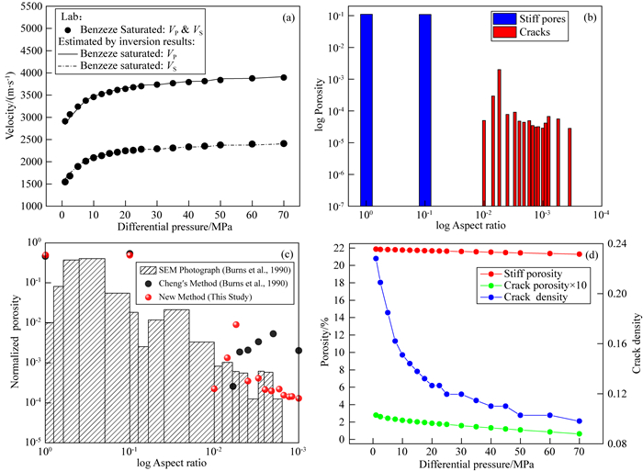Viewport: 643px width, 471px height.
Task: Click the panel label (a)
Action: pyautogui.click(x=285, y=16)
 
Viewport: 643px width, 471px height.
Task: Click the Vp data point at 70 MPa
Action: pyautogui.click(x=284, y=78)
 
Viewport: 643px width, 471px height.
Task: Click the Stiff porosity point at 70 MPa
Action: pyautogui.click(x=580, y=254)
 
